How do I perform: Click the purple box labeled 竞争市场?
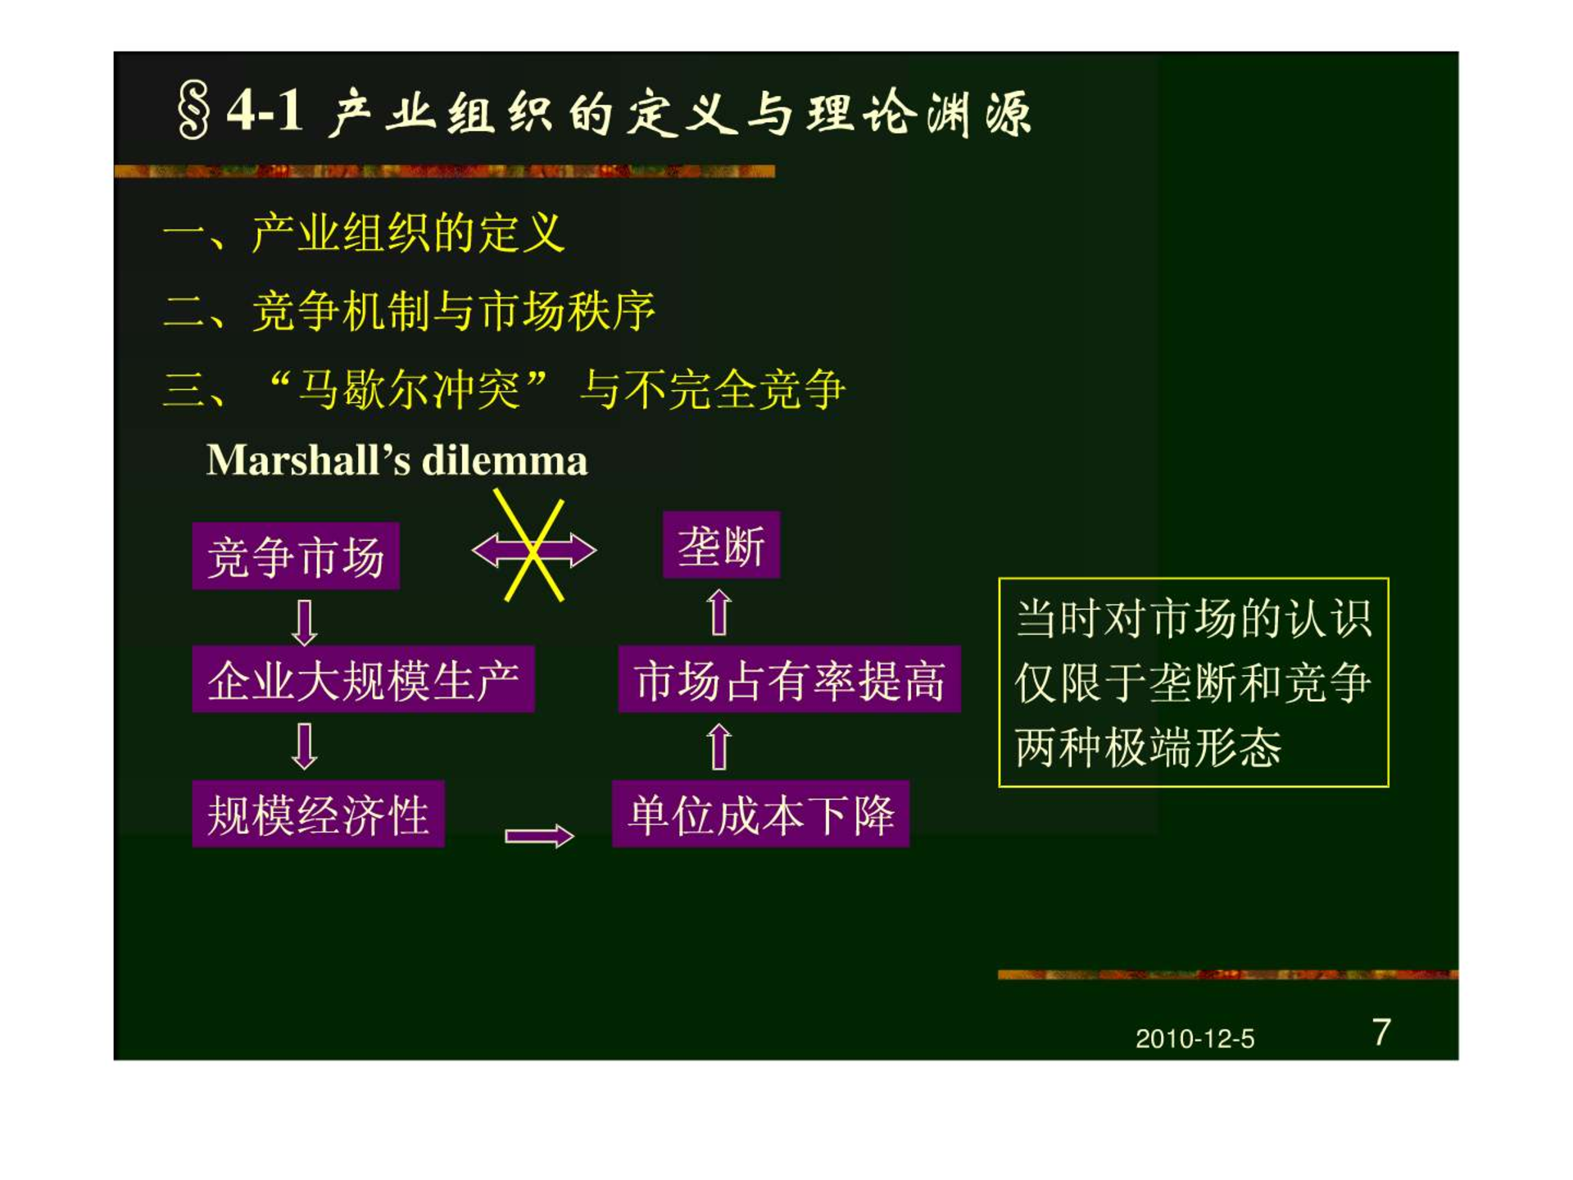(296, 556)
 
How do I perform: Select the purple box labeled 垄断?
(721, 545)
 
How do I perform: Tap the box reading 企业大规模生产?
(363, 678)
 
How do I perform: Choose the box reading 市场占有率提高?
(789, 679)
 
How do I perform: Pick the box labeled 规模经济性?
(318, 814)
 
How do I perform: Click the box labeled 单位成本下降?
(760, 814)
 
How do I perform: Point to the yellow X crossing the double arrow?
(533, 547)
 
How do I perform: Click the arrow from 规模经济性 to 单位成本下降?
(539, 836)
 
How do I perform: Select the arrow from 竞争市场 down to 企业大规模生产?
(305, 623)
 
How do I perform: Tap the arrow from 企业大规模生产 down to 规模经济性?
(305, 746)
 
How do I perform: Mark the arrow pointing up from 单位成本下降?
(719, 747)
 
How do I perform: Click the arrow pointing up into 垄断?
(719, 612)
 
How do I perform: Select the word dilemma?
(505, 460)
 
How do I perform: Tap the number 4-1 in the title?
(265, 110)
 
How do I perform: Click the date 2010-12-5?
(1194, 1039)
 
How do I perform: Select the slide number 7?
(1381, 1032)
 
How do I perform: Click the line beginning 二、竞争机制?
(410, 311)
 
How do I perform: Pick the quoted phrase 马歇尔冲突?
(408, 389)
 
